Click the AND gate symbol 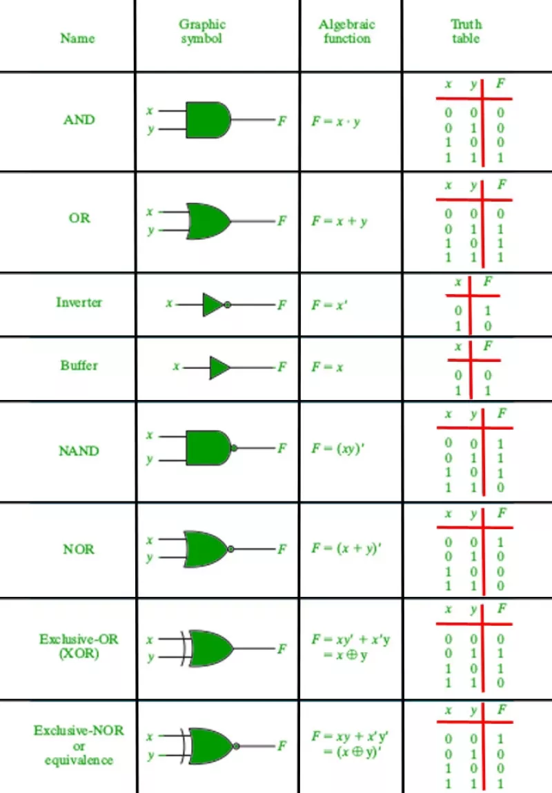tap(208, 120)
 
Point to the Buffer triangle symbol tap(219, 367)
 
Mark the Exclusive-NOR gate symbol tap(210, 746)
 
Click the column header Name tap(77, 38)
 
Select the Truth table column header tap(466, 31)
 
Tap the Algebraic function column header tap(347, 31)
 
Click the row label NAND tap(79, 450)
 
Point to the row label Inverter tap(79, 303)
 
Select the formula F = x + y tap(339, 221)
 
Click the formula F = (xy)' tap(338, 448)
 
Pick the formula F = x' tap(329, 305)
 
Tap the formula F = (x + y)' tap(346, 548)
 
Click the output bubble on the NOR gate tap(230, 549)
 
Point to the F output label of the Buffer tap(282, 367)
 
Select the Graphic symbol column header tap(202, 31)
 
